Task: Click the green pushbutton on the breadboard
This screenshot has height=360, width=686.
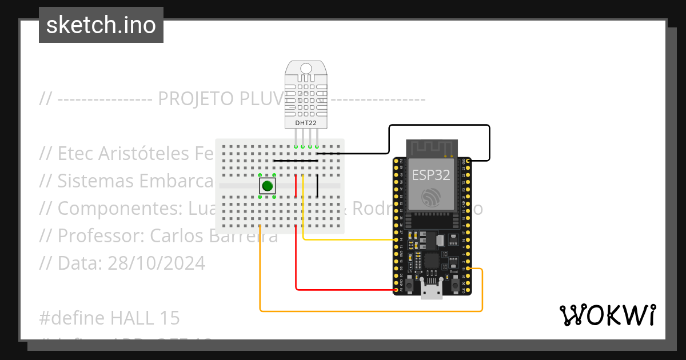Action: pos(267,186)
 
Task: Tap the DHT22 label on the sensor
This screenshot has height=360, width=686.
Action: pos(306,123)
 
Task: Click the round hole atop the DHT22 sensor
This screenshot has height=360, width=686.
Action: pos(306,69)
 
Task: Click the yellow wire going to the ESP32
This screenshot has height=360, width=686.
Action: pos(349,239)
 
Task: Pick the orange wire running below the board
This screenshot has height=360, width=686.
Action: pos(372,311)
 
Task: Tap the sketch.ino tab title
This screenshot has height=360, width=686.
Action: pos(101,25)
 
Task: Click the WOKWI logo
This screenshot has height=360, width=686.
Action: pos(607,315)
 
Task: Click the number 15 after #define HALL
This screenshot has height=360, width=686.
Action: pos(169,318)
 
